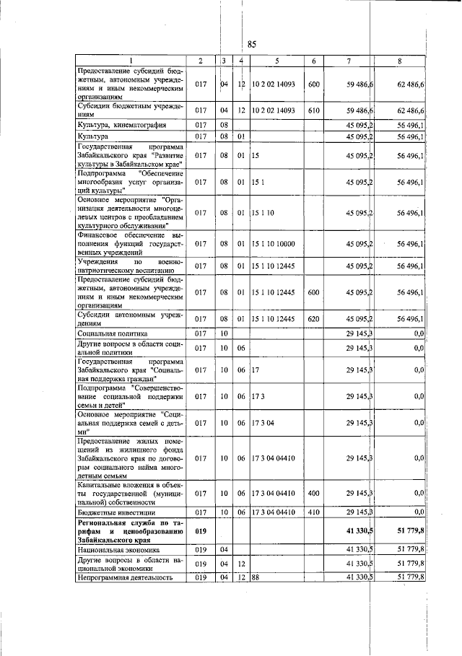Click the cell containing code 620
point(313,318)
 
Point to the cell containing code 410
point(313,511)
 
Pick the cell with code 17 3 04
point(261,422)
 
